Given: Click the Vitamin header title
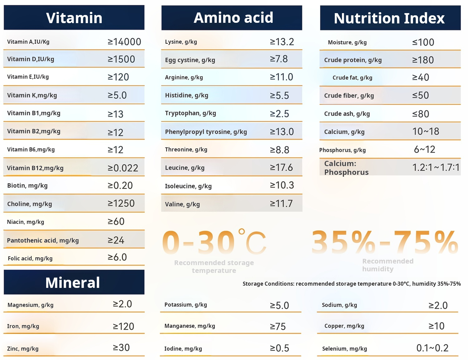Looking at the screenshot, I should [74, 18].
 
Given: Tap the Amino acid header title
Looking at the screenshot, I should [233, 17].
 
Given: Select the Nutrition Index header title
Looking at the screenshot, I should [389, 18].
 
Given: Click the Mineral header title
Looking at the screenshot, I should [73, 283].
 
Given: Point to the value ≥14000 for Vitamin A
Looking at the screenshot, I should [124, 42].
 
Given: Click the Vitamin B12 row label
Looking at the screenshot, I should [35, 168].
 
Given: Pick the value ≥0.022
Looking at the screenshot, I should [123, 168].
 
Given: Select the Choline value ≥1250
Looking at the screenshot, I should [121, 204].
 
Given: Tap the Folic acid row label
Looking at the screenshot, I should [30, 258].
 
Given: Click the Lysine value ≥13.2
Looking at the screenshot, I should [282, 42].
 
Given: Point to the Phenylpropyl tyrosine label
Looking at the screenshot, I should [206, 132].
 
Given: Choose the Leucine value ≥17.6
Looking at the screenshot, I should [281, 168].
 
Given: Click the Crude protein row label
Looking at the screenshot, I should [353, 60].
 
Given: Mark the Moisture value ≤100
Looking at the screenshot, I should [423, 42].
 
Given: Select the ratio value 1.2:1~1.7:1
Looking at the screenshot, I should [436, 168].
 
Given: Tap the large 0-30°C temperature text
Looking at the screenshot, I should [214, 242].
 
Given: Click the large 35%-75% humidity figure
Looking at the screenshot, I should [385, 242].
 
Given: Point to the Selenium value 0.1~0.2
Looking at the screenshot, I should [432, 348].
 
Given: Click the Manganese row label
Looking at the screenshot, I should [190, 326].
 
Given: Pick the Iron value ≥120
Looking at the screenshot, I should [123, 326].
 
